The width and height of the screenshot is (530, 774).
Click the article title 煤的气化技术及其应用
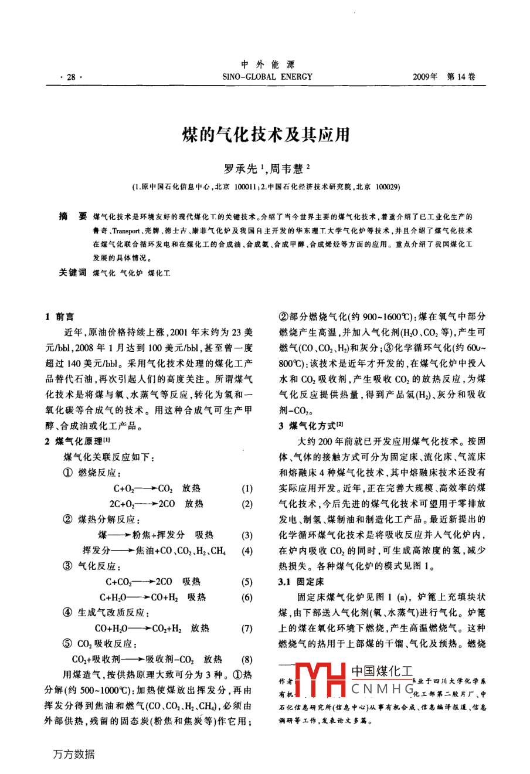[x=266, y=135]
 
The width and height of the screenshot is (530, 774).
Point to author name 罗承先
[x=240, y=169]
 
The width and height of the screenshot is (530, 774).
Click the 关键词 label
[x=73, y=273]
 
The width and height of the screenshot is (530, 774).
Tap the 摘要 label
[x=73, y=216]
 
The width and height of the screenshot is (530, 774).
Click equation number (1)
[x=247, y=488]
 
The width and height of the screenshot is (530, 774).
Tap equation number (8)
[x=247, y=659]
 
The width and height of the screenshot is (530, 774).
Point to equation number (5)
[x=247, y=582]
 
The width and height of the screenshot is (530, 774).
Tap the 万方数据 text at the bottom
[x=74, y=755]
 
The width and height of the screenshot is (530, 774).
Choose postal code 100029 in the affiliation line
[x=387, y=187]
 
